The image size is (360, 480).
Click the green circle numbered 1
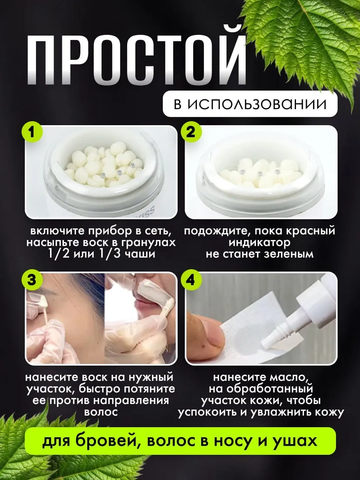pyautogui.click(x=32, y=132)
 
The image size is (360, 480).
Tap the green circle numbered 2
pyautogui.click(x=191, y=132)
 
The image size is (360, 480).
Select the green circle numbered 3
pyautogui.click(x=32, y=280)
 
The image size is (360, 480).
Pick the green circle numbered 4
pyautogui.click(x=191, y=280)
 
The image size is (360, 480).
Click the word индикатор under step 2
pyautogui.click(x=260, y=243)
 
